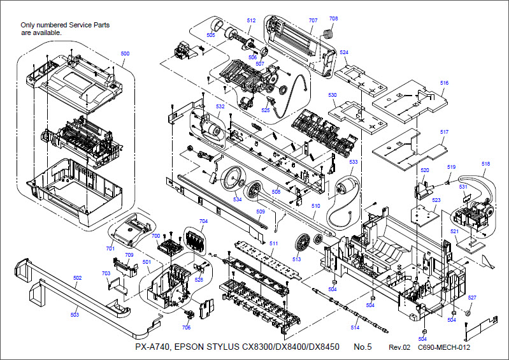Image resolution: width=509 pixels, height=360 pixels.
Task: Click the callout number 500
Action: point(125,53)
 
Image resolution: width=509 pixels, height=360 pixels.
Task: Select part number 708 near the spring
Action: point(334,18)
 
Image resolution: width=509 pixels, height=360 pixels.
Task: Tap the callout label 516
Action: point(444,83)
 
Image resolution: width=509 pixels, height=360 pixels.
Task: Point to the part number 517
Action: point(444,132)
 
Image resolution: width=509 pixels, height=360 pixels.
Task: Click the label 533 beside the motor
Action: point(354,162)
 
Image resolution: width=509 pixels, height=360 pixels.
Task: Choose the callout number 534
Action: point(237,199)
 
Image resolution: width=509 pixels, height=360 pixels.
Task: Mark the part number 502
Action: point(77,278)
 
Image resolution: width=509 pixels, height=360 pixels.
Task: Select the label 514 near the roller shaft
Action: point(355,328)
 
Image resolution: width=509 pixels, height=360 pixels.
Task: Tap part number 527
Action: point(472,298)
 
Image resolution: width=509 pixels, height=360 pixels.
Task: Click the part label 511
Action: point(273,244)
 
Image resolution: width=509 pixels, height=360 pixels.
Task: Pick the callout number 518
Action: point(486,164)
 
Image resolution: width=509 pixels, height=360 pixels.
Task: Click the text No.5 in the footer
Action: point(362,347)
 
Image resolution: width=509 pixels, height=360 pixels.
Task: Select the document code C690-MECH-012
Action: point(444,348)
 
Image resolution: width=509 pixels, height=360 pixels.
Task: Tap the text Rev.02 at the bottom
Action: point(400,348)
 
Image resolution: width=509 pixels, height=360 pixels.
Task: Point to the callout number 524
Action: point(344,52)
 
